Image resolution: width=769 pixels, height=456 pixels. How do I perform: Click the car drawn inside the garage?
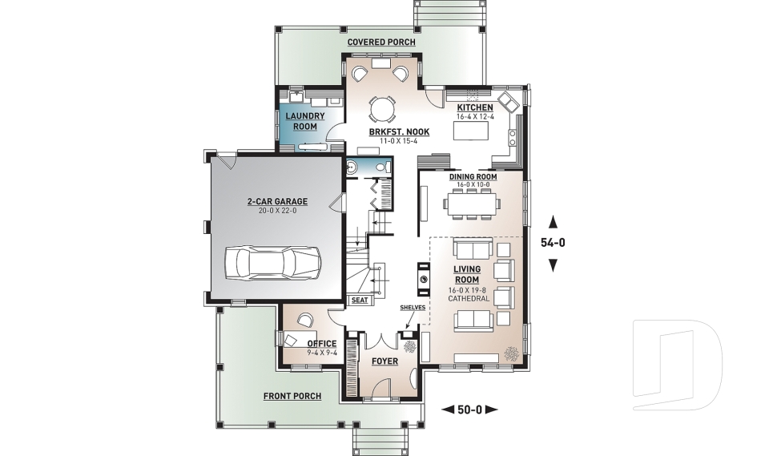[x=272, y=261]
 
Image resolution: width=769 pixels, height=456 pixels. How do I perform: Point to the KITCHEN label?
[x=475, y=107]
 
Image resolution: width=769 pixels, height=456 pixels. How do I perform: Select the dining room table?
[x=472, y=204]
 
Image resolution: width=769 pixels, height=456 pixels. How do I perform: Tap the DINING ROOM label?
[x=473, y=176]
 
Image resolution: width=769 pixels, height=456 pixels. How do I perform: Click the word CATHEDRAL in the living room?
[x=469, y=298]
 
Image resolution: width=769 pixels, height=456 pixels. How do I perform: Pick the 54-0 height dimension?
[x=553, y=243]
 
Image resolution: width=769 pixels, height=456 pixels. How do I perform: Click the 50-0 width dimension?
[x=469, y=410]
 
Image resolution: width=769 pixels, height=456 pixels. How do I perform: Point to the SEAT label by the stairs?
[x=360, y=301]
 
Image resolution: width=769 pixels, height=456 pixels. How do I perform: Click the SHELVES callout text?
[x=413, y=307]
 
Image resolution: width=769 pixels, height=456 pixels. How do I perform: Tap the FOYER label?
[x=384, y=361]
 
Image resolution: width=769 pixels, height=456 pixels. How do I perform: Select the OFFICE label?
[x=322, y=344]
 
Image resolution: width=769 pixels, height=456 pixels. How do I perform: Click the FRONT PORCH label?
[x=292, y=396]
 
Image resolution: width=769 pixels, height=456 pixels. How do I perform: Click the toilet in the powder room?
[x=353, y=168]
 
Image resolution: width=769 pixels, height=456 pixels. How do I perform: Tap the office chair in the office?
[x=304, y=320]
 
